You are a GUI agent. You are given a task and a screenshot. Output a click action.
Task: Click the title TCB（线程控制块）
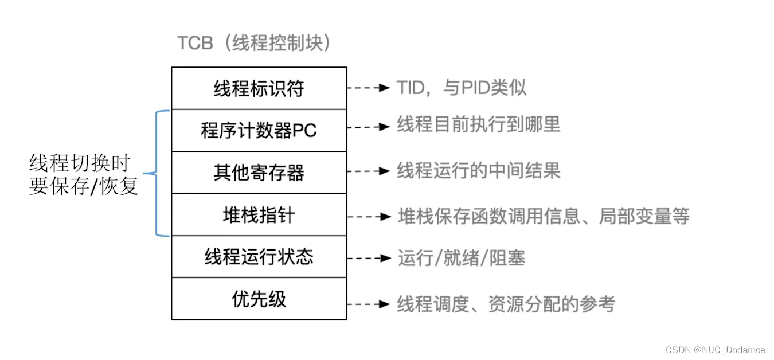255,44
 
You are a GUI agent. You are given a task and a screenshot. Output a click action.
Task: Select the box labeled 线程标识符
259,88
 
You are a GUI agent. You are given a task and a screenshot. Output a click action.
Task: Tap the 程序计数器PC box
259,130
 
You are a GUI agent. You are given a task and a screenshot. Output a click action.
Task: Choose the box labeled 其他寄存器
259,173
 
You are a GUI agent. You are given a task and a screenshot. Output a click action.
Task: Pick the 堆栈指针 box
259,215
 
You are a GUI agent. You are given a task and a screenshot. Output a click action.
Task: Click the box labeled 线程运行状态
259,257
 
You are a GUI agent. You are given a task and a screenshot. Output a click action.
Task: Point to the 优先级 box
259,299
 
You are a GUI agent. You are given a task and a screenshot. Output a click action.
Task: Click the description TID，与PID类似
462,88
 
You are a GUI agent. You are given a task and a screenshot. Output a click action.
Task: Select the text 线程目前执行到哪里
478,125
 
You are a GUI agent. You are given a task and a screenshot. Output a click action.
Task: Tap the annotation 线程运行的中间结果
478,170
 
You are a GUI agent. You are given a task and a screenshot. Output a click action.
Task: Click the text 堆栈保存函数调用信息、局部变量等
544,216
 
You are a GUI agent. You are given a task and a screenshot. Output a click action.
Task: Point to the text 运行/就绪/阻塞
462,258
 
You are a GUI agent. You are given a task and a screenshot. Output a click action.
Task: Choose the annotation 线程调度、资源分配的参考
506,304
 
